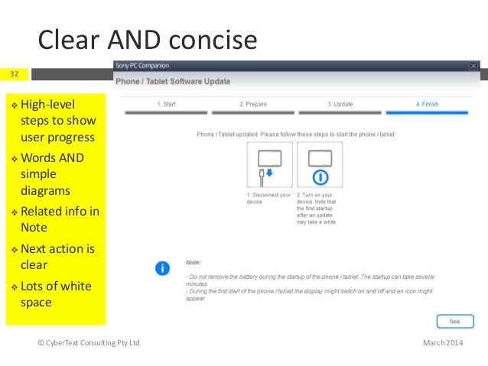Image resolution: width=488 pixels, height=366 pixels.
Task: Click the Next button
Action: (454, 322)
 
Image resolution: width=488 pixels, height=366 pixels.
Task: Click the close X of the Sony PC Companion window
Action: (474, 66)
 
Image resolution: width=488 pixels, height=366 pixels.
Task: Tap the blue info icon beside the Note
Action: (162, 268)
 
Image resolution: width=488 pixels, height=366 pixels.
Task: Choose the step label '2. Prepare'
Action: (252, 103)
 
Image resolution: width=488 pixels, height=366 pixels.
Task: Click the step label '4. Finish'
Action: (427, 103)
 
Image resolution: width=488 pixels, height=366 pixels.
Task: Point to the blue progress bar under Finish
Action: (427, 112)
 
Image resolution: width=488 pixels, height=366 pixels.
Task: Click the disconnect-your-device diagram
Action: (269, 165)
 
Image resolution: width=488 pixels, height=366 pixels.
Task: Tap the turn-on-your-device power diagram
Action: (320, 165)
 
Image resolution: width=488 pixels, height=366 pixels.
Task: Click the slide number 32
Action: (15, 74)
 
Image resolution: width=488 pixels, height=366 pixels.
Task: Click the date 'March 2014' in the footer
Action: (442, 343)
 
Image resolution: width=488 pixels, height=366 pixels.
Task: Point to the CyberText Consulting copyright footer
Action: (89, 343)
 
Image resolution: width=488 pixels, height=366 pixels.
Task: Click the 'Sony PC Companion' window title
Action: (142, 66)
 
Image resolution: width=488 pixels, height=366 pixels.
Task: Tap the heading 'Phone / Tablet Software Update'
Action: (172, 81)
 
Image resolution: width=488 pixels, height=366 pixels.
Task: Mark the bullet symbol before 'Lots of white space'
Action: (14, 287)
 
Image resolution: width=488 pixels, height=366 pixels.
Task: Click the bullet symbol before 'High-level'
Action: (14, 104)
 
